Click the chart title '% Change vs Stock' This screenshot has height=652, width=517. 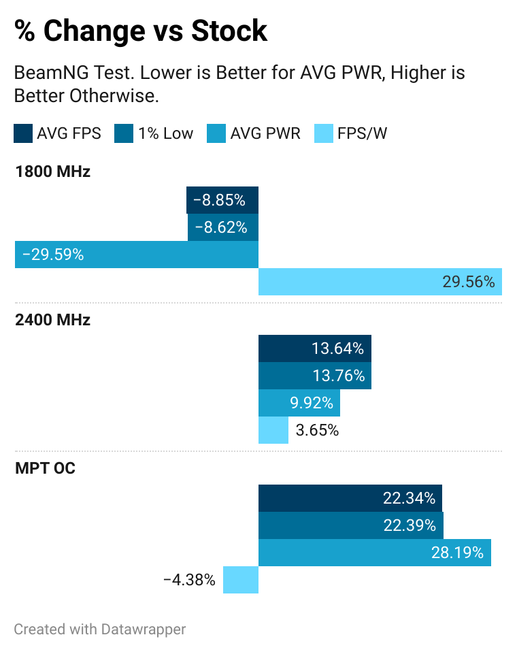pyautogui.click(x=141, y=31)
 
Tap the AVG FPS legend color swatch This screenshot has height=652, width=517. pyautogui.click(x=23, y=133)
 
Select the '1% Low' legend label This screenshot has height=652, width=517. pyautogui.click(x=165, y=133)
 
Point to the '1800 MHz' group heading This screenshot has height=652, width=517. pyautogui.click(x=52, y=172)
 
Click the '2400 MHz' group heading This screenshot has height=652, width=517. pyautogui.click(x=52, y=320)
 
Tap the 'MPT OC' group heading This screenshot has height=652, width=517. pyautogui.click(x=45, y=469)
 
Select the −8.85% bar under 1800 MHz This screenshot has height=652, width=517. pyautogui.click(x=222, y=200)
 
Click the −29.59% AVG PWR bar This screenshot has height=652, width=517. pyautogui.click(x=137, y=255)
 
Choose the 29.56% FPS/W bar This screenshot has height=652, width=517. pyautogui.click(x=380, y=282)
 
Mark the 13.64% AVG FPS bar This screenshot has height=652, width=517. pyautogui.click(x=314, y=348)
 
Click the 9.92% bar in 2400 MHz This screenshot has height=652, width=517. pyautogui.click(x=299, y=403)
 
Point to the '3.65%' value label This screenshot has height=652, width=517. pyautogui.click(x=317, y=430)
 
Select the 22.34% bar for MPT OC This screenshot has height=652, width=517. pyautogui.click(x=350, y=498)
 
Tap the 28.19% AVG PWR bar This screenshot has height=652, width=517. pyautogui.click(x=374, y=553)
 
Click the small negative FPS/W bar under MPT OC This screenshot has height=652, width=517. pyautogui.click(x=241, y=580)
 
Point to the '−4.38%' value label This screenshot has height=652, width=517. pyautogui.click(x=189, y=580)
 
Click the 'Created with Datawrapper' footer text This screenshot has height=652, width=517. pyautogui.click(x=99, y=630)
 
